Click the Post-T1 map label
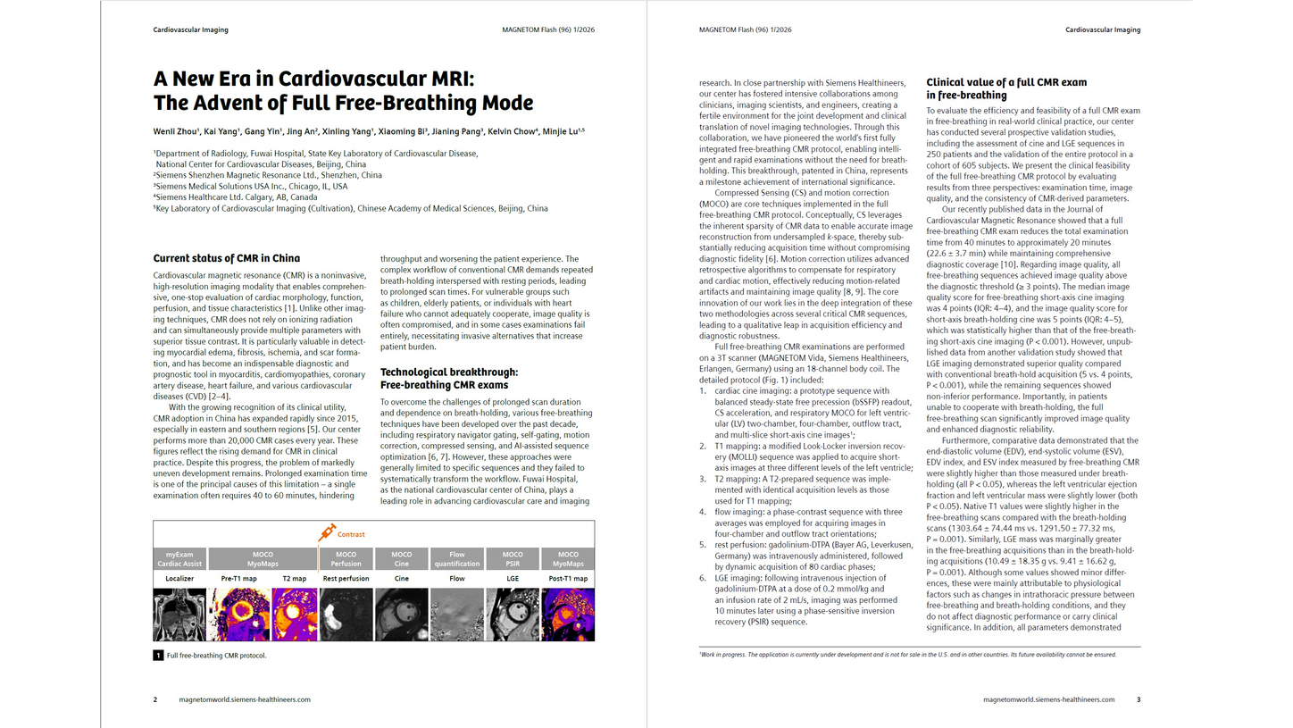tap(568, 579)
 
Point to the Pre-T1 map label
tap(238, 579)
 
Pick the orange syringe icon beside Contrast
tap(327, 532)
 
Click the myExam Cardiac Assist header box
tap(180, 558)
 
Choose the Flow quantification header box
tap(457, 558)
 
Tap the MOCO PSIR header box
tap(513, 558)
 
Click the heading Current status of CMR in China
tap(226, 259)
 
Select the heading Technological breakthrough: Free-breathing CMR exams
tap(448, 378)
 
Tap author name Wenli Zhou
tap(175, 132)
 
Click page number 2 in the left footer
tap(155, 699)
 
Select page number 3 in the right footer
tap(1139, 699)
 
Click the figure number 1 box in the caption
tap(158, 656)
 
